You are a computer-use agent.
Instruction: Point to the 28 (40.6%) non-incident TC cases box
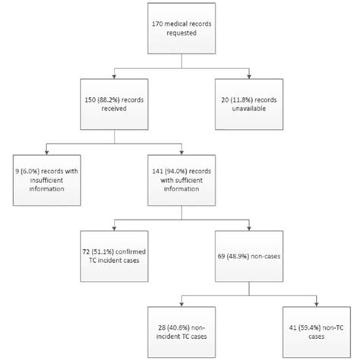click(182, 327)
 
